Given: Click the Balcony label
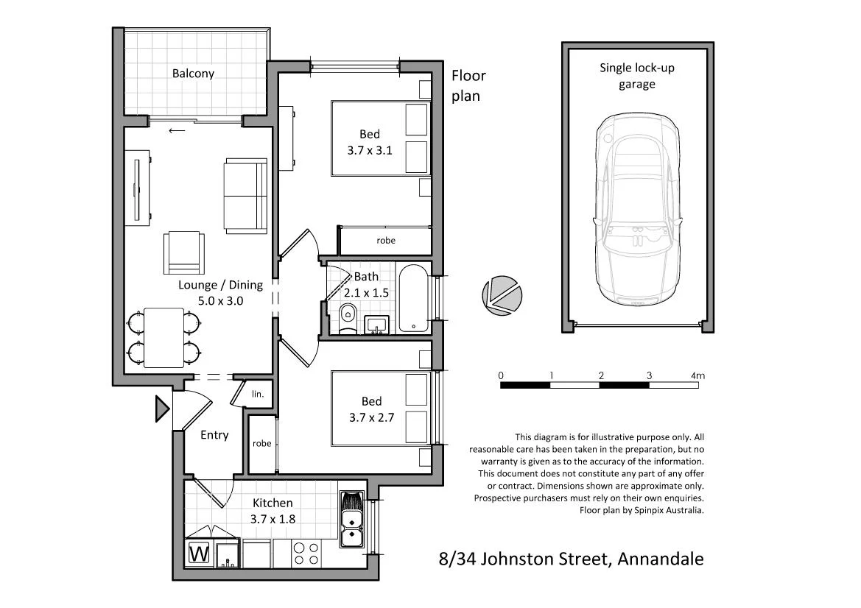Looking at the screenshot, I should tap(193, 74).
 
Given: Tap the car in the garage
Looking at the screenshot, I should tap(637, 210).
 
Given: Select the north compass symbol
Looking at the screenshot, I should tap(501, 293).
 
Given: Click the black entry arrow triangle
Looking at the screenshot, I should tap(161, 409).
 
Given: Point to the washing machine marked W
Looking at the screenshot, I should tap(199, 554).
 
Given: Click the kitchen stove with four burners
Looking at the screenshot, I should tap(306, 553).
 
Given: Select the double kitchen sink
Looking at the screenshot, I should tap(351, 518).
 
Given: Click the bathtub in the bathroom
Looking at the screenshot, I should tap(412, 299).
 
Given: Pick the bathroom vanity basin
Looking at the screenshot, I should tap(379, 324).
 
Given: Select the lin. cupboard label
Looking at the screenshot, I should tap(257, 394).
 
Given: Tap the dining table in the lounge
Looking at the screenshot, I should tap(164, 337).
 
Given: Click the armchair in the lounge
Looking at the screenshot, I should tap(183, 251).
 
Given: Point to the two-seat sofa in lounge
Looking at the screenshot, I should tap(245, 195).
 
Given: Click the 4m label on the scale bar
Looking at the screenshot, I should tap(697, 376).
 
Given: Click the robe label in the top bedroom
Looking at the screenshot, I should tap(385, 240).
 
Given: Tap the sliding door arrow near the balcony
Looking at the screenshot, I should tap(177, 131).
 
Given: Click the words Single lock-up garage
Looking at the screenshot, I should tap(636, 76).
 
